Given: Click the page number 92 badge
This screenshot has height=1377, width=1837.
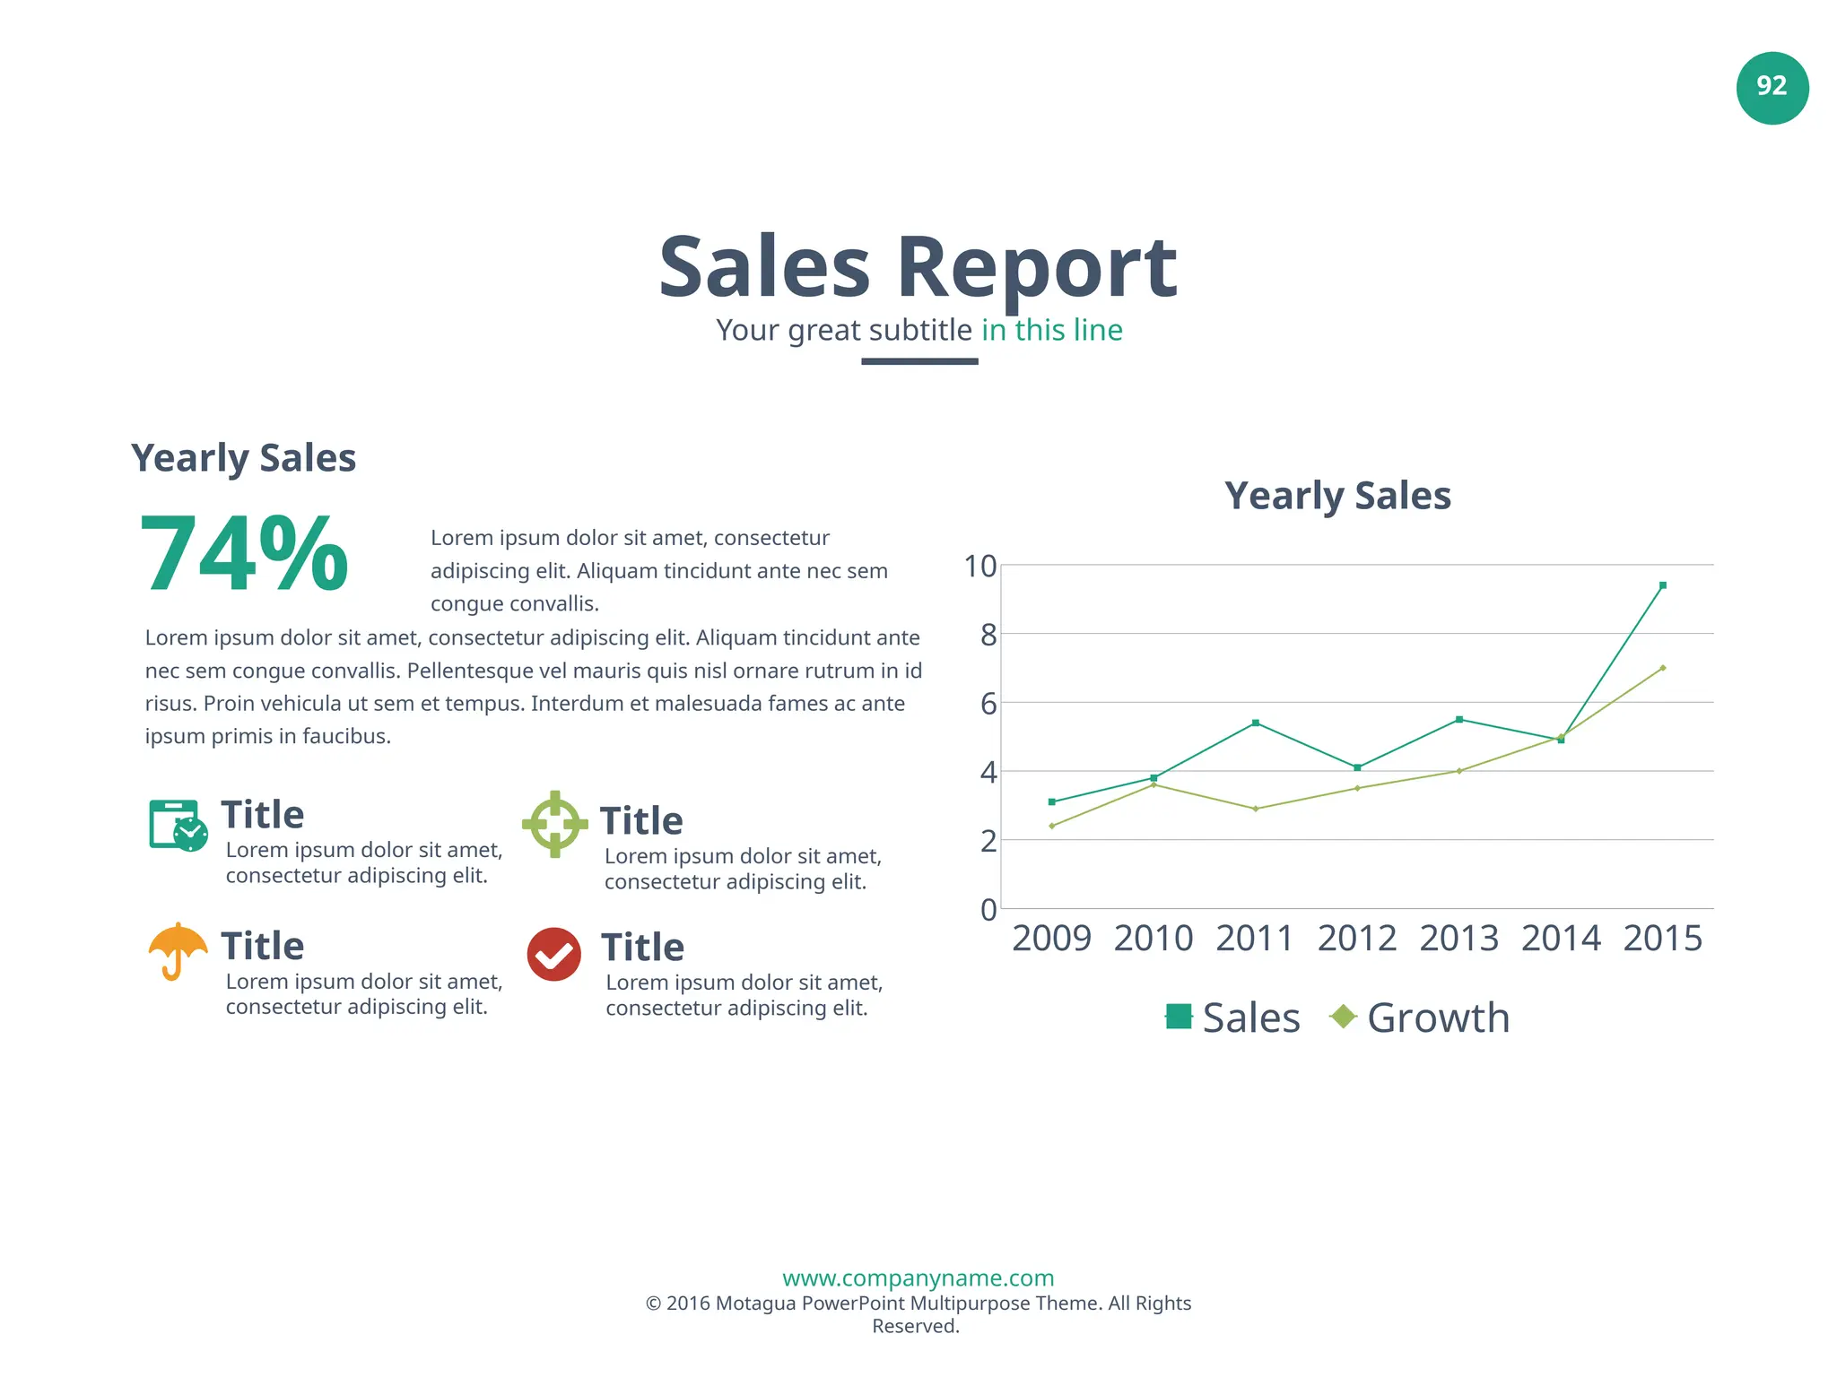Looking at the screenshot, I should pos(1772,88).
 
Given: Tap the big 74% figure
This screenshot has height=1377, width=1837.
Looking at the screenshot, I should pos(244,554).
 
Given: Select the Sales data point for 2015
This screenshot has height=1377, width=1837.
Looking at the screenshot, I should pos(1662,585).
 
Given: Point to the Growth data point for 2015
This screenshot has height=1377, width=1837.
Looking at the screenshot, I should pos(1662,668).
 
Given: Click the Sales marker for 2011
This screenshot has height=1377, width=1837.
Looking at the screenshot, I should pos(1255,723).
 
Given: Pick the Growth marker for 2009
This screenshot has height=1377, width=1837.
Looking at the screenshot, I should pos(1051,826).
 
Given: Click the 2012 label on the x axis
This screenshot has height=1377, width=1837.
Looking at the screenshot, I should pos(1356,939).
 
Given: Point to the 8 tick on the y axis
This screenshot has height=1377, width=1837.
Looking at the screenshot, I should pos(988,636).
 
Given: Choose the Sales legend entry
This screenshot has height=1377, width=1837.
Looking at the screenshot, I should pos(1233,1018).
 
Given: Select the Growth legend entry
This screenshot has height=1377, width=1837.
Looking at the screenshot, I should pos(1420,1018).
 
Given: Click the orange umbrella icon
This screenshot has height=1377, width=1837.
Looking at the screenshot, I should pos(178,949).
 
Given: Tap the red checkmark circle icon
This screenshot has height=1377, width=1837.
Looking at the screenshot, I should pos(553,954).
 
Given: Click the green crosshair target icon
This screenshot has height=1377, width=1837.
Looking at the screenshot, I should pos(554,824).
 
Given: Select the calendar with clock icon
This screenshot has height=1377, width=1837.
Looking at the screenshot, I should pos(178,825).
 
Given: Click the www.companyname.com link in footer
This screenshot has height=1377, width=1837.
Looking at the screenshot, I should pos(918,1277).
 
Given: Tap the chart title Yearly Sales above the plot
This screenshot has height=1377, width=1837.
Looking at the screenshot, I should pos(1337,496).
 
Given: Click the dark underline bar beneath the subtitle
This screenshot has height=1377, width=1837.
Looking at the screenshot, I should pos(919,361).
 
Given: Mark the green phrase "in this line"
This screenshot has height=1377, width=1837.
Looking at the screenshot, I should pos(1051,330).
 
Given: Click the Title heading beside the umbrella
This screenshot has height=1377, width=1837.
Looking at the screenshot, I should pos(263,946).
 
